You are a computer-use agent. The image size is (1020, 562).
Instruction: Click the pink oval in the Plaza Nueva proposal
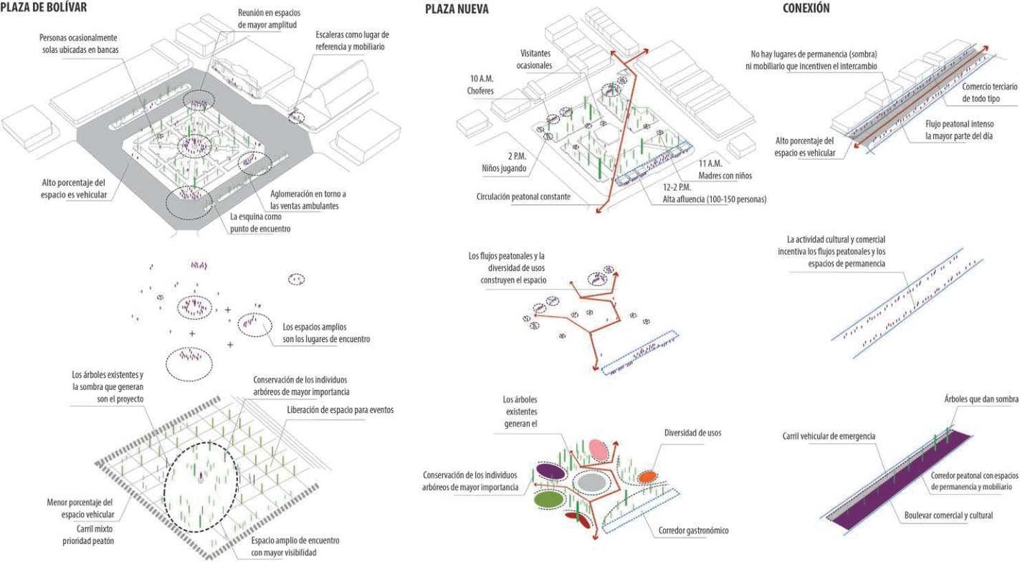point(599,449)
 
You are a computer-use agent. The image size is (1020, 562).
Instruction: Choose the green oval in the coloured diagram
point(548,498)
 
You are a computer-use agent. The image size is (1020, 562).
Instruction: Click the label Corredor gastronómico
point(693,531)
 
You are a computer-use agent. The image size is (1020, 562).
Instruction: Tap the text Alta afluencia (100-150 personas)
point(714,199)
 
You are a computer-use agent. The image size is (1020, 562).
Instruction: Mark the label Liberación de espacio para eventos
point(340,409)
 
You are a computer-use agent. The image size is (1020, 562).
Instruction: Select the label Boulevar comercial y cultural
point(948,515)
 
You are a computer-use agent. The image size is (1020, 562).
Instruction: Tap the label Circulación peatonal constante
point(523,196)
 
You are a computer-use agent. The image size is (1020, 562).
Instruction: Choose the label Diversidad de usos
point(692,432)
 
